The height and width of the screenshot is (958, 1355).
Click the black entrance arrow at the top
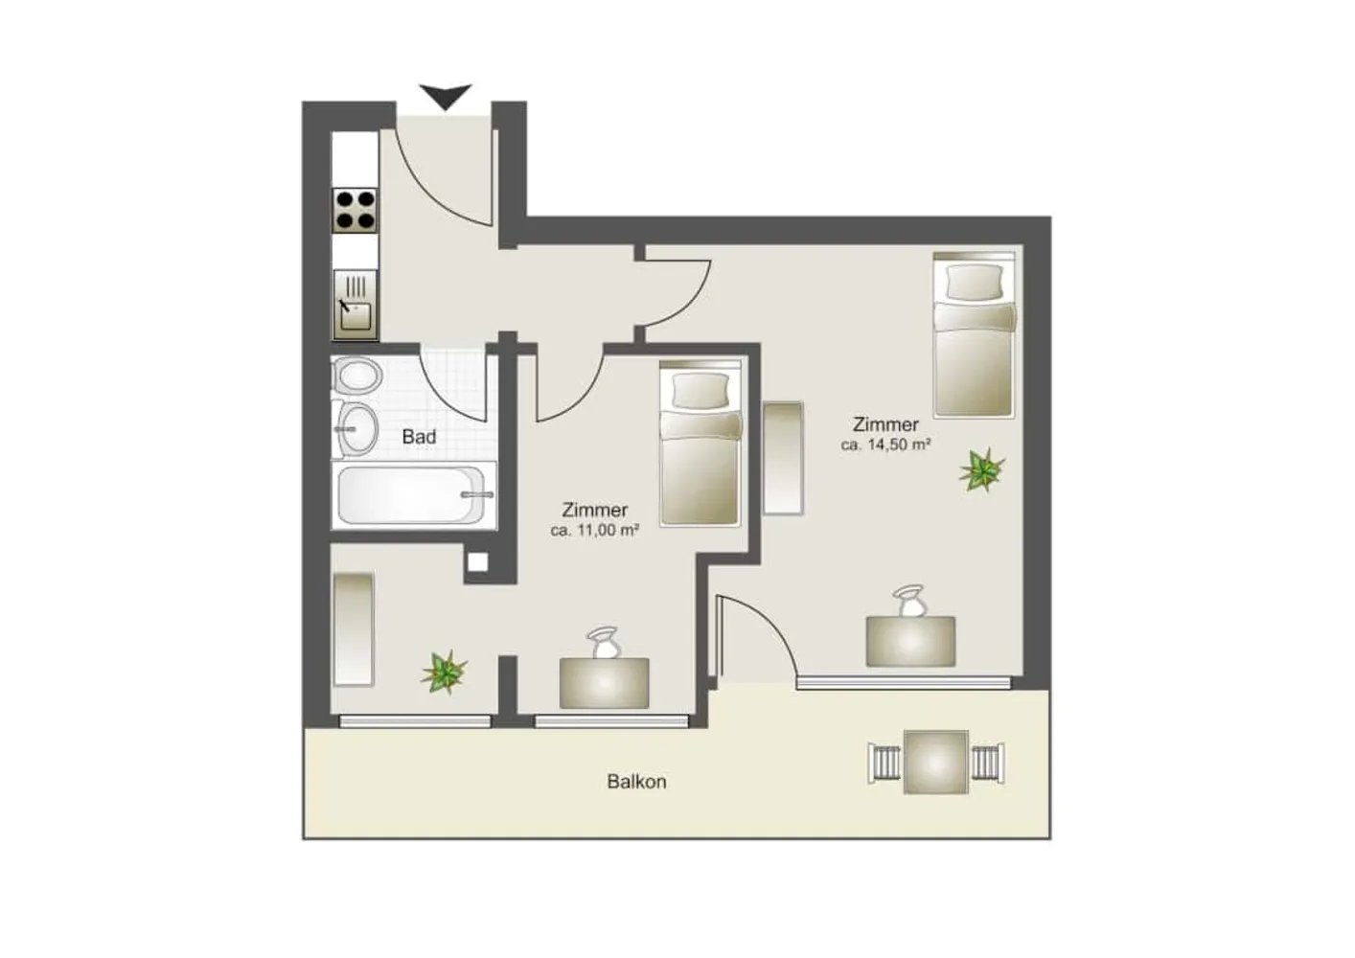click(x=446, y=96)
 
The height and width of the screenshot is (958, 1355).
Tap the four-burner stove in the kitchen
click(x=356, y=211)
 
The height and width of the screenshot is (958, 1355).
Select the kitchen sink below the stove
click(x=356, y=305)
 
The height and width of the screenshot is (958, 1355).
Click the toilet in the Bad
click(x=357, y=376)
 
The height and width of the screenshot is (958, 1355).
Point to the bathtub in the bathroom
click(x=414, y=494)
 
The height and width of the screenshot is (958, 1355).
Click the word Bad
click(x=419, y=437)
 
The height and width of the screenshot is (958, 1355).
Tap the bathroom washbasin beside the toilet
click(x=356, y=429)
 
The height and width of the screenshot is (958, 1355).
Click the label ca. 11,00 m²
click(x=595, y=531)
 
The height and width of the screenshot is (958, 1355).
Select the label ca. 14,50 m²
click(x=885, y=445)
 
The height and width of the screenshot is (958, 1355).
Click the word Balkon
click(x=636, y=782)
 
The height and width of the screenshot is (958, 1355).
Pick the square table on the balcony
click(x=936, y=762)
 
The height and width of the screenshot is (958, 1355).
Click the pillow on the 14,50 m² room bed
click(x=974, y=283)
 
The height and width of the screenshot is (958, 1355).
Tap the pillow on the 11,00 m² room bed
click(x=700, y=391)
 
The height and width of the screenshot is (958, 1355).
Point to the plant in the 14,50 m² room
click(x=981, y=469)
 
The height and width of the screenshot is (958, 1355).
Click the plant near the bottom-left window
click(x=444, y=672)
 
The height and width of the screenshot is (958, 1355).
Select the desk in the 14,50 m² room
click(x=910, y=641)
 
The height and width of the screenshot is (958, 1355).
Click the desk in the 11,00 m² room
click(x=604, y=683)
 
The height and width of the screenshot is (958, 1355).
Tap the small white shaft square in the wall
click(x=477, y=562)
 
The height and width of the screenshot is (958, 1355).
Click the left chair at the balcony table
click(x=884, y=763)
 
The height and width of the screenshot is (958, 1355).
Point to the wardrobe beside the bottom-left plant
click(x=354, y=629)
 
